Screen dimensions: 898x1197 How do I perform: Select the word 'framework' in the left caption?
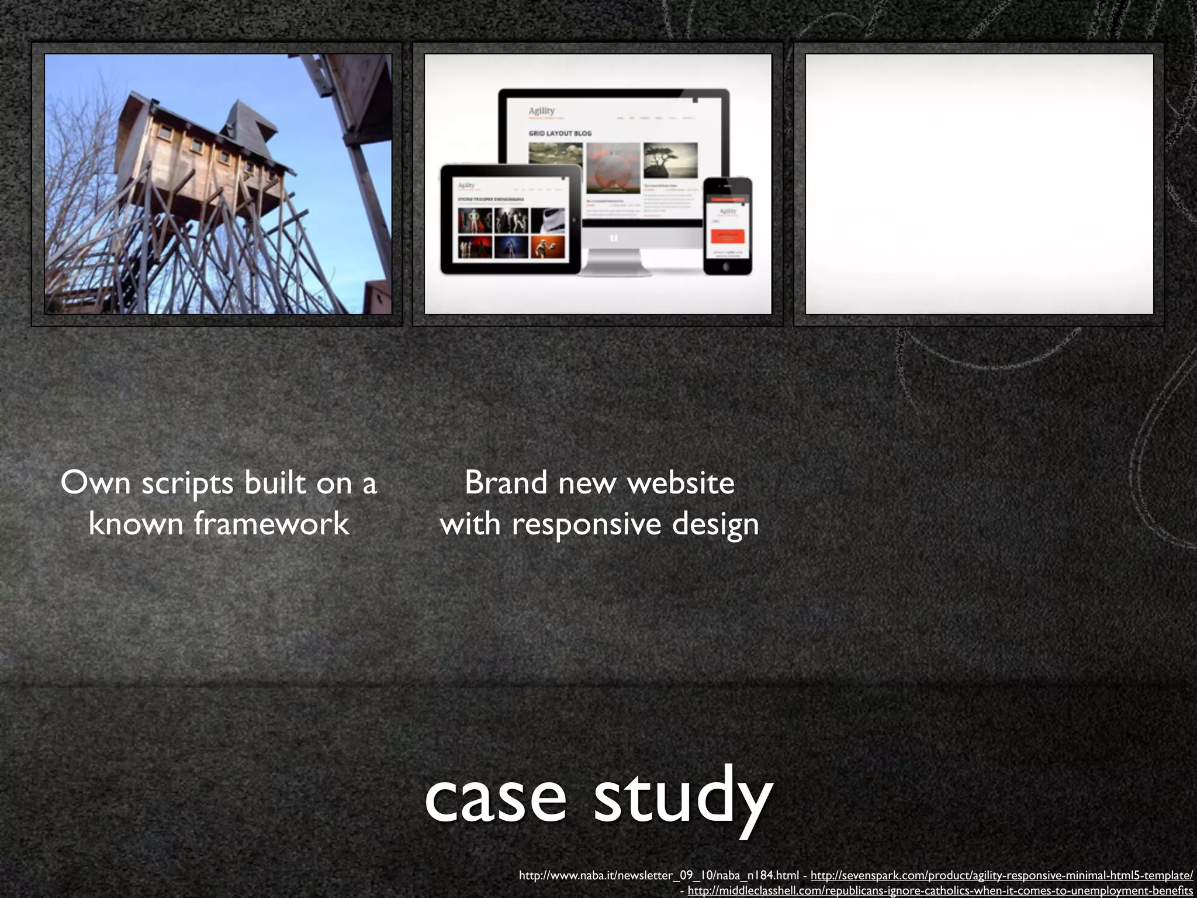point(272,523)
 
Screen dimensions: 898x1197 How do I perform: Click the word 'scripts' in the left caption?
point(188,484)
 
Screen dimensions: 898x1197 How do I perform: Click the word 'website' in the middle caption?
point(680,483)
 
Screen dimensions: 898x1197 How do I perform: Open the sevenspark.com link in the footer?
point(1001,875)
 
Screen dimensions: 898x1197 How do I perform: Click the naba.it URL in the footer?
point(659,875)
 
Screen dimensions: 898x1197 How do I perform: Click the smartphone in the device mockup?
point(727,226)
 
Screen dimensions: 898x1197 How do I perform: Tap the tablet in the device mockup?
point(511,220)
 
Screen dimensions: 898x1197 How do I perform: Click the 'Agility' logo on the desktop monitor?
point(541,111)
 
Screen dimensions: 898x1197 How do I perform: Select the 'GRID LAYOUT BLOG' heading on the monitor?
point(560,134)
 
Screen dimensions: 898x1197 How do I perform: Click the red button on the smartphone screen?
point(727,236)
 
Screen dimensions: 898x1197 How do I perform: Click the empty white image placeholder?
point(979,184)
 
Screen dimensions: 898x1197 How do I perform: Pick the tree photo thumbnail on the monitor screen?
point(670,160)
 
